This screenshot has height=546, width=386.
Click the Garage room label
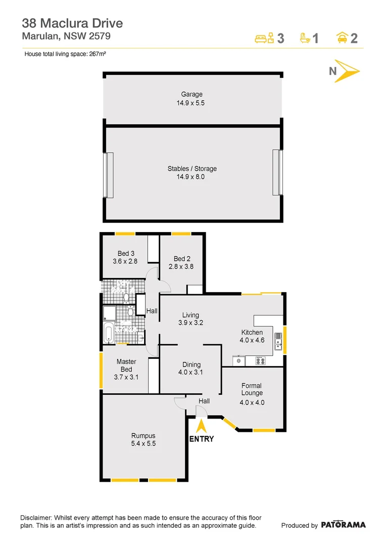192,95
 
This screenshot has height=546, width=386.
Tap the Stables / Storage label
192,169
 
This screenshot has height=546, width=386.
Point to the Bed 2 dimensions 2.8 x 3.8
181,266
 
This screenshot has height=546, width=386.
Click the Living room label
190,315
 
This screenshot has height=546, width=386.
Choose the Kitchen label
252,332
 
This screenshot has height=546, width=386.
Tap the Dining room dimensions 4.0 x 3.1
190,373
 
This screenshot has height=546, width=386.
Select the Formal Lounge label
252,389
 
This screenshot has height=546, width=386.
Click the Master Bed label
126,366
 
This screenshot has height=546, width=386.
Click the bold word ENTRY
201,439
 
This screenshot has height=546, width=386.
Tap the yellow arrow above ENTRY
201,427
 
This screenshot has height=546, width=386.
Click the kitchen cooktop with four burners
261,361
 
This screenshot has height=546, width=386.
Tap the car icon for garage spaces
342,38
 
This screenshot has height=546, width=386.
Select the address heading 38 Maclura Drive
72,23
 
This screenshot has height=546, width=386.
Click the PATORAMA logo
343,525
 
